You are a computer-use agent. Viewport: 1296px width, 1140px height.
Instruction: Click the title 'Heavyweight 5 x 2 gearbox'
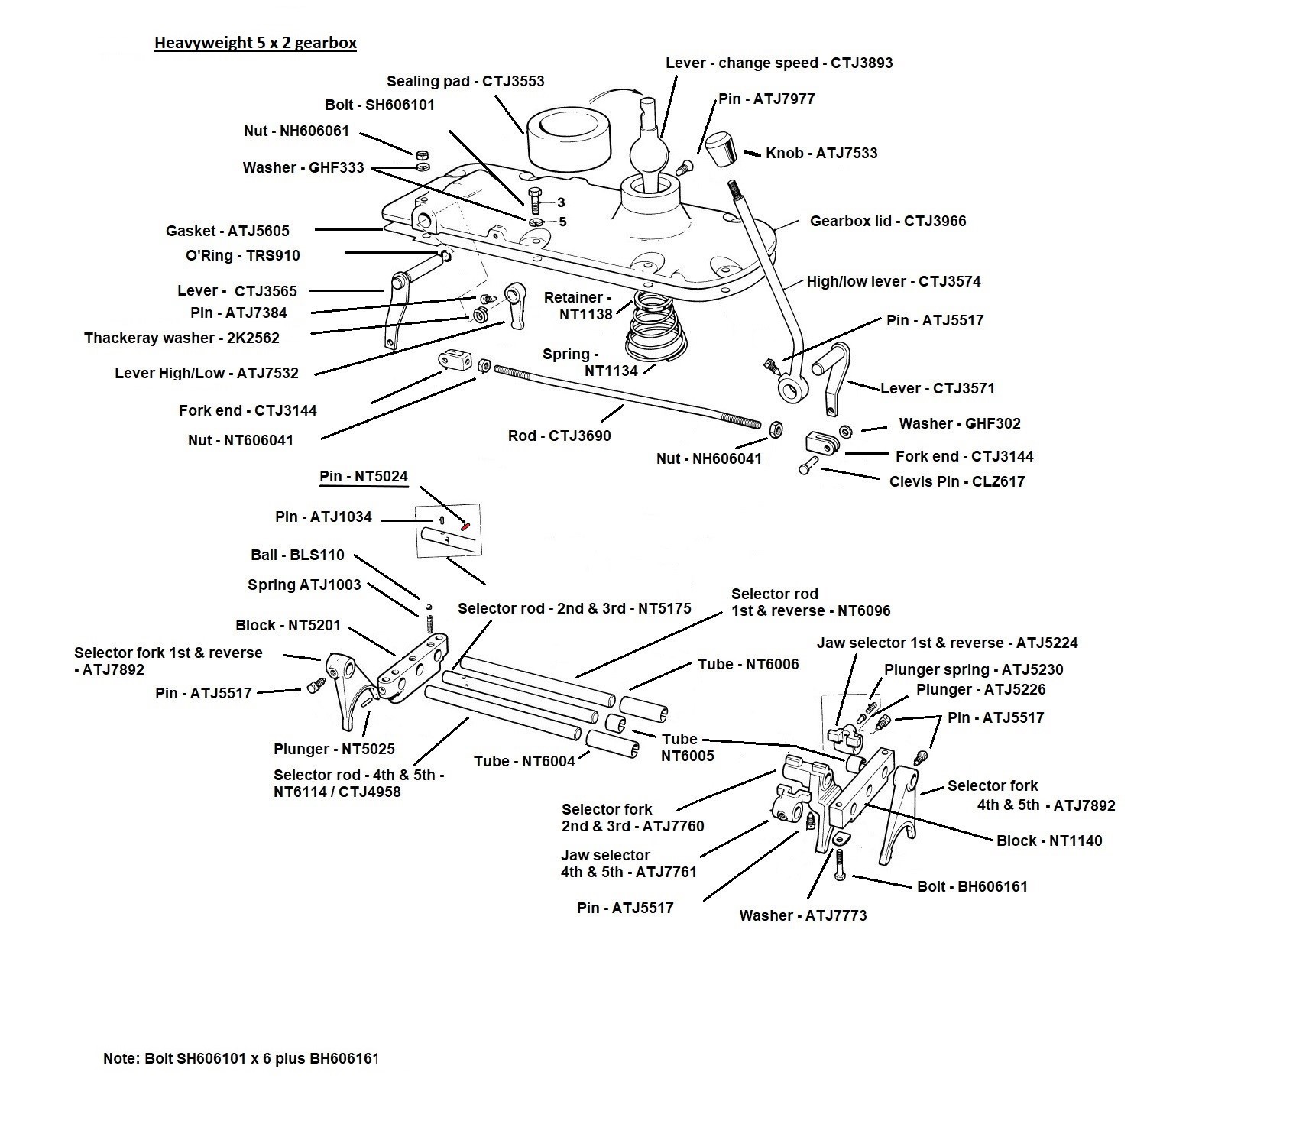tap(255, 43)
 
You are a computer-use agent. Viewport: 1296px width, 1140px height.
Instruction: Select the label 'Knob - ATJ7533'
tap(821, 153)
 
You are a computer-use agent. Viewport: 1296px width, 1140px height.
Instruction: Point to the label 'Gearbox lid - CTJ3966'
tap(888, 222)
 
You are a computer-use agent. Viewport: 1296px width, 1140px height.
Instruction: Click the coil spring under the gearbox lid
tap(651, 327)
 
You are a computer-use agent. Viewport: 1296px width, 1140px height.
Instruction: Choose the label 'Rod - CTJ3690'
tap(559, 436)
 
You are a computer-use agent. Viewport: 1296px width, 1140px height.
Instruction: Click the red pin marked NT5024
tap(465, 525)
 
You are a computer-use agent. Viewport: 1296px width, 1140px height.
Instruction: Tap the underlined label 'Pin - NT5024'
tap(364, 477)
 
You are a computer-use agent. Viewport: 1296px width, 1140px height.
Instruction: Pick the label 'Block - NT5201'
tap(288, 626)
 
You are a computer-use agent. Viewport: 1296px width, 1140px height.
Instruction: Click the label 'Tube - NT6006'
tap(748, 665)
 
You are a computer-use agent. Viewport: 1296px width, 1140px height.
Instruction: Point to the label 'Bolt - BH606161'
tap(972, 887)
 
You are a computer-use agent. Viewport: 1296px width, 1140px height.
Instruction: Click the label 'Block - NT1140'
tap(1049, 841)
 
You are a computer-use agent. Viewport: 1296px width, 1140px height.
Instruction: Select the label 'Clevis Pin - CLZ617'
tap(957, 482)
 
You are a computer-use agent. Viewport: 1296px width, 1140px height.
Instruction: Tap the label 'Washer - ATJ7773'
tap(803, 916)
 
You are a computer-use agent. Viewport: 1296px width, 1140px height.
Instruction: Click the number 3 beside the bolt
tap(561, 202)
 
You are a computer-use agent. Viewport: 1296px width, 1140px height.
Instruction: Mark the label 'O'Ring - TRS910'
tap(243, 256)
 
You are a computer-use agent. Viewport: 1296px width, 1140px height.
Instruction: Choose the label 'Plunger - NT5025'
tap(334, 750)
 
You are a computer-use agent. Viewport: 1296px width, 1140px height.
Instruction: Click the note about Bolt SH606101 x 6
tap(241, 1059)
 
